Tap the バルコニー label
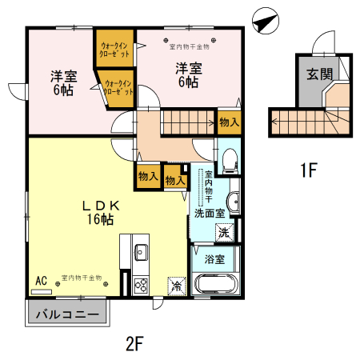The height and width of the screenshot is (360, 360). pyautogui.click(x=68, y=314)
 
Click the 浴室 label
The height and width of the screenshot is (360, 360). pyautogui.click(x=214, y=259)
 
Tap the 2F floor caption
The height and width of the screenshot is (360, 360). pyautogui.click(x=134, y=345)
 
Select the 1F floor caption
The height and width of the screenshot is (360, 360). pyautogui.click(x=309, y=170)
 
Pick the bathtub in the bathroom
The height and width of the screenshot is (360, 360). pyautogui.click(x=214, y=283)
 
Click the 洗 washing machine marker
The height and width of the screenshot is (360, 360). pyautogui.click(x=225, y=233)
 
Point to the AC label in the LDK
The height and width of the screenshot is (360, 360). pyautogui.click(x=42, y=280)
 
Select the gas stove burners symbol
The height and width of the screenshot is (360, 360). pyautogui.click(x=140, y=284)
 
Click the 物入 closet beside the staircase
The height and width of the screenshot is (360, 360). pyautogui.click(x=228, y=122)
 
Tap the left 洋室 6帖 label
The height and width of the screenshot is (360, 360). pyautogui.click(x=63, y=83)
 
